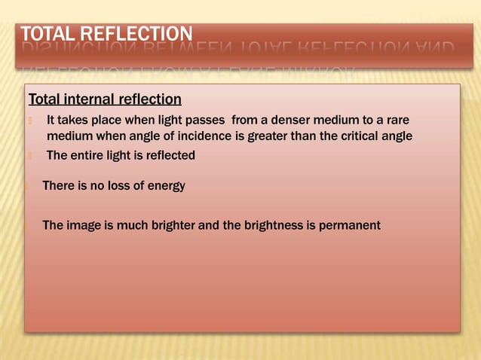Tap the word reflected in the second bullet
pyautogui.click(x=167, y=156)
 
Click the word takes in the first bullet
pyautogui.click(x=75, y=121)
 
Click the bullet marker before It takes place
pyautogui.click(x=29, y=121)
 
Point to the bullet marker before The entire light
pyautogui.click(x=29, y=156)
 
